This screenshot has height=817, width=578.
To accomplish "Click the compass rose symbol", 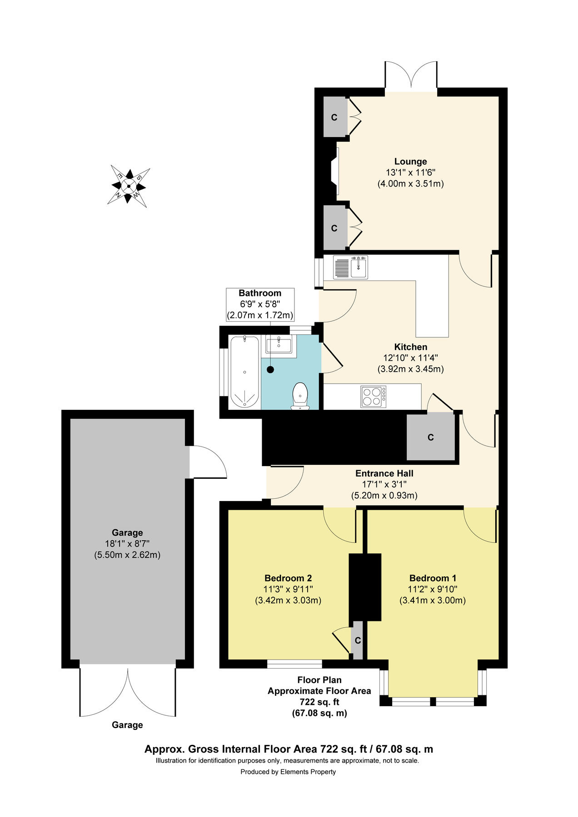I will pos(129,186).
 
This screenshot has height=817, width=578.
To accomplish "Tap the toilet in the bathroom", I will pos(300,395).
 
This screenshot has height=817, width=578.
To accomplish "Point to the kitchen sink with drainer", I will pos(350,267).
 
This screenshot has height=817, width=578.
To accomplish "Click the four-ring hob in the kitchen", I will pos(374,396).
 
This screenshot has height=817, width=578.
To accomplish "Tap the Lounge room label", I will pos(410,162).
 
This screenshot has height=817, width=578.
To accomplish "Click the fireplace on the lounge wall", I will pos(335,170).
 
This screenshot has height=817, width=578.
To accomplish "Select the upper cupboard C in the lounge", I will pos(334,118).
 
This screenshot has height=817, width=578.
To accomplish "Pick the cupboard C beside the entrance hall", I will pos(430,437).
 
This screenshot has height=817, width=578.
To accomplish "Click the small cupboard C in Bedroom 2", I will pos(358,640).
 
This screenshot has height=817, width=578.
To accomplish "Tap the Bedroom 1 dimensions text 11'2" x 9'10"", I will pos(432,589).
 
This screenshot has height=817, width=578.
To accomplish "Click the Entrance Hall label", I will pos(384,473).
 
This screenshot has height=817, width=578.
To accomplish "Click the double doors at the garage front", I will pos(128,692).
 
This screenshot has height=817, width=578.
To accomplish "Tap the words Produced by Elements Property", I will pos(288,772).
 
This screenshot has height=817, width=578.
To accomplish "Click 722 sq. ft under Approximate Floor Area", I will pos(319,702).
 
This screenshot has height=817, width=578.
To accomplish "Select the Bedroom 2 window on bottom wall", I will pos(294,664).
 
